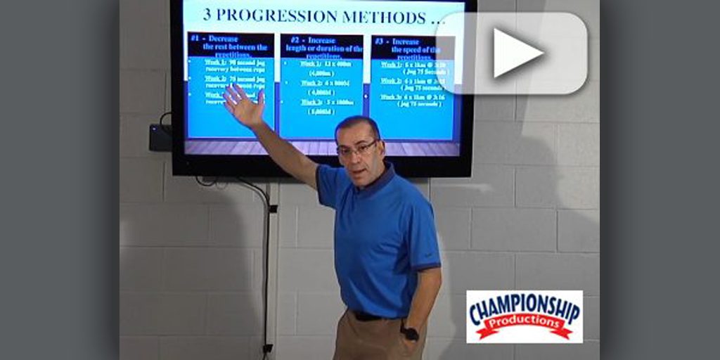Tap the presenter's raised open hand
coord(243,105)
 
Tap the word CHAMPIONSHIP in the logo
coord(525,307)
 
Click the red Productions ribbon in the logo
coord(525,325)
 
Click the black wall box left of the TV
coord(160,137)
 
